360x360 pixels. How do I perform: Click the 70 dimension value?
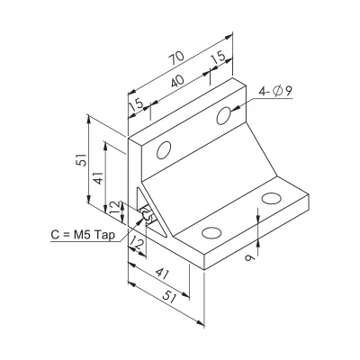point(177,58)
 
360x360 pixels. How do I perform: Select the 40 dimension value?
point(177,81)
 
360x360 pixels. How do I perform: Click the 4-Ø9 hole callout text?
point(275,91)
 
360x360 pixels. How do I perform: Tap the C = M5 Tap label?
point(83,235)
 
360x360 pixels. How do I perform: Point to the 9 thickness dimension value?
point(249,257)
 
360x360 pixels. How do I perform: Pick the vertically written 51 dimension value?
point(82,160)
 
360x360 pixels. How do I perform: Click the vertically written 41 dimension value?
point(99,178)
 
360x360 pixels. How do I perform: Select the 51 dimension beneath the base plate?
point(170,299)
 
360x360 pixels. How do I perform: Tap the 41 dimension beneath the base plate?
point(163,274)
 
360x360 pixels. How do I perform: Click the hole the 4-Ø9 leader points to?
point(224,115)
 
